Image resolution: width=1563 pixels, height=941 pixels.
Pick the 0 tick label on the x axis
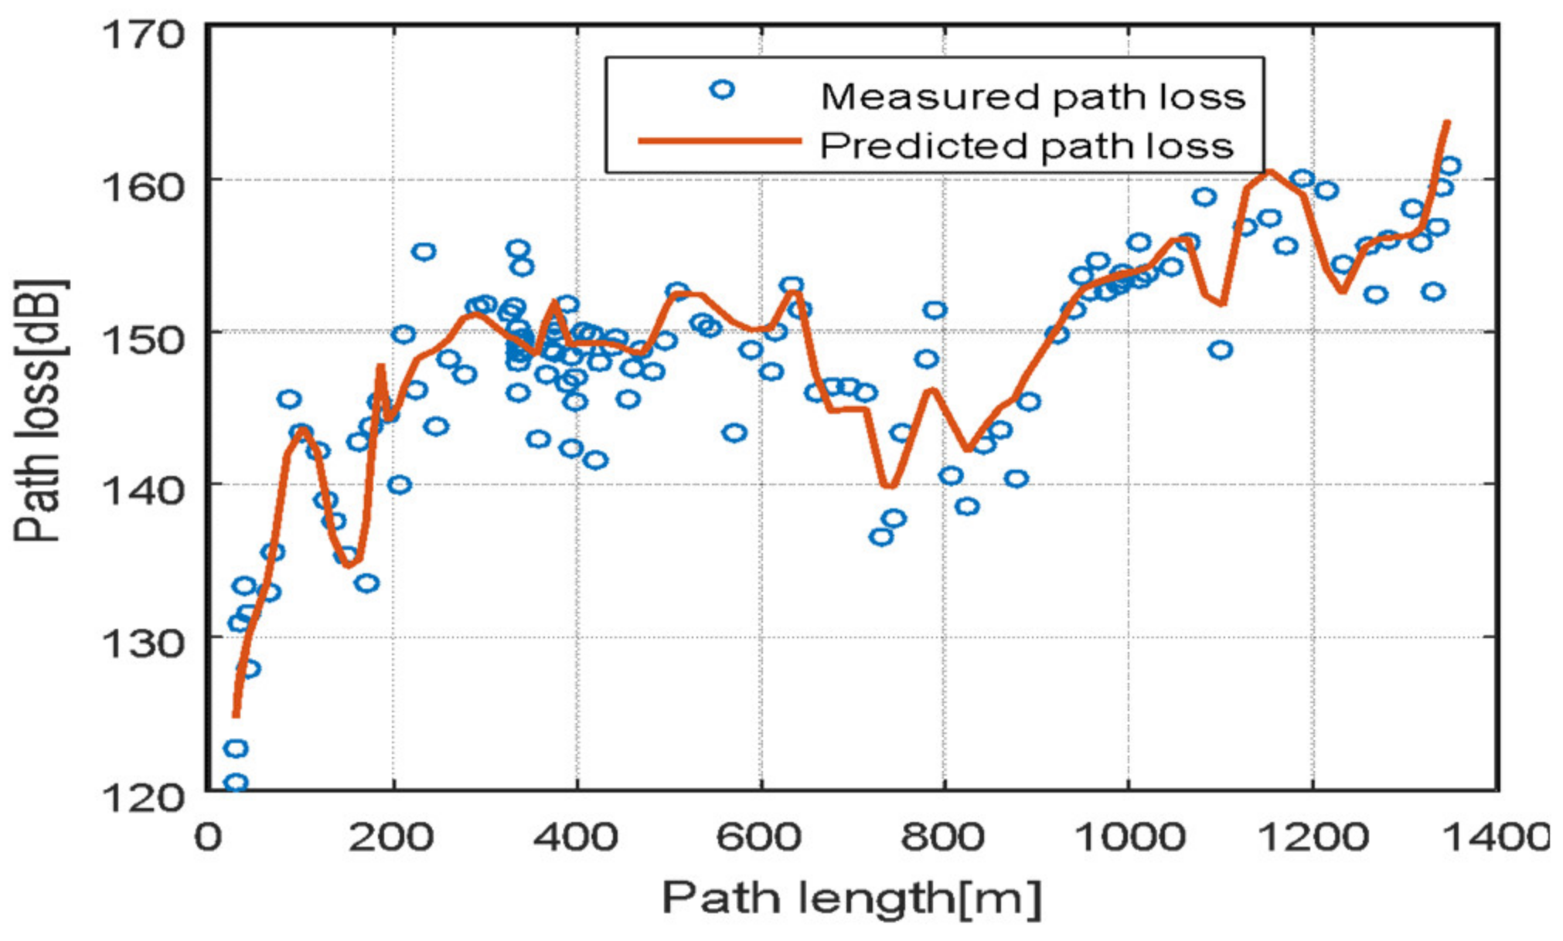pos(207,837)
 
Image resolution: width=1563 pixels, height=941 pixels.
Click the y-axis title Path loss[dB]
pos(40,409)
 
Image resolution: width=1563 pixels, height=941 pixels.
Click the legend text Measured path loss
pos(1033,97)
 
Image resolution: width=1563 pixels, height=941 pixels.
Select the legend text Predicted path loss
pos(1027,146)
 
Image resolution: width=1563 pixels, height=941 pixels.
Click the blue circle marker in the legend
pos(722,90)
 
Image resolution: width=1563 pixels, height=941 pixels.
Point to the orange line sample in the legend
pos(720,141)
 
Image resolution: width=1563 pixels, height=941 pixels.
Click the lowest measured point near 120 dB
pos(236,783)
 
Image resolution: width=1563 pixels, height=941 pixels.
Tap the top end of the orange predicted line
pos(1447,122)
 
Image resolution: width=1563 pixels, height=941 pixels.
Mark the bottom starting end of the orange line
pos(236,715)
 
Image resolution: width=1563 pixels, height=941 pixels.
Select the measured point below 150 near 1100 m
pos(1220,350)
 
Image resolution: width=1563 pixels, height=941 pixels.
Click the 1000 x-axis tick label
pos(1129,837)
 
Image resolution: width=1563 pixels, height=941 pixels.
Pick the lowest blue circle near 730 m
pos(881,536)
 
